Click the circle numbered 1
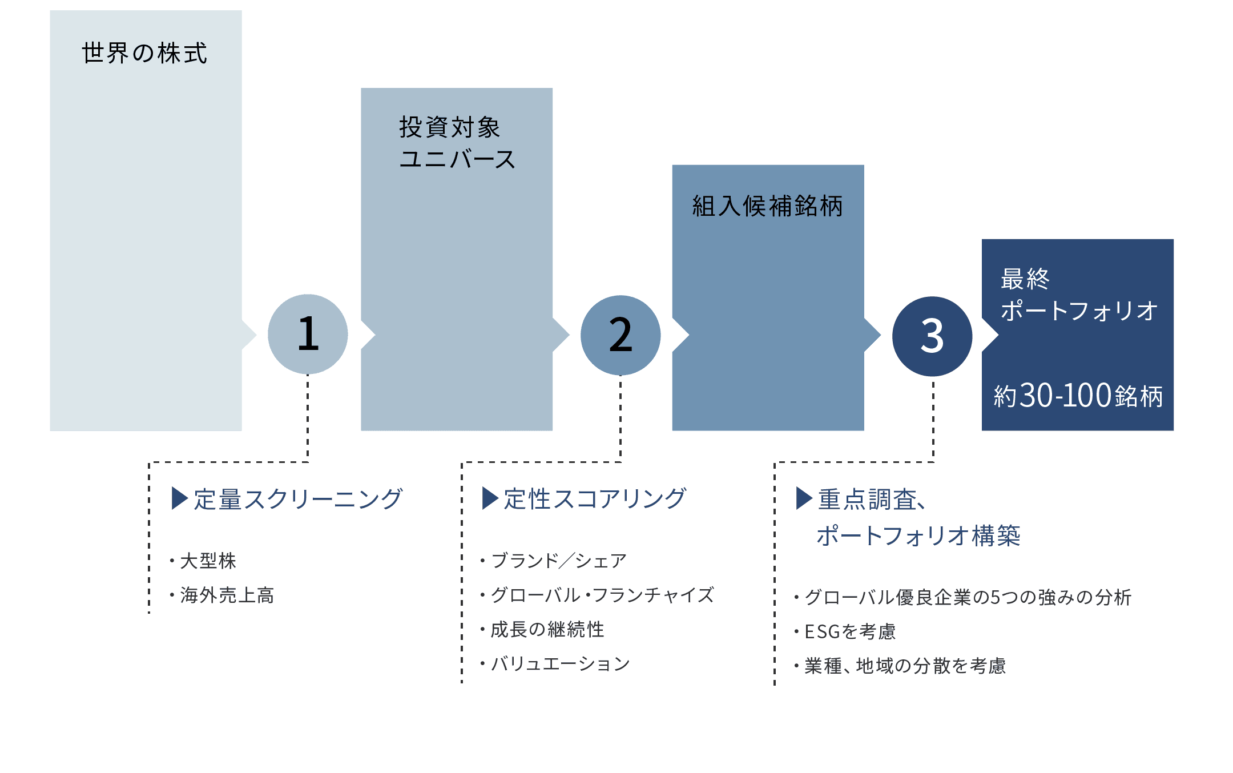308,334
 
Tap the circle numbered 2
620,335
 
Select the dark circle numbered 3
932,336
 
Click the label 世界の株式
144,54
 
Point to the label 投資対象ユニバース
457,143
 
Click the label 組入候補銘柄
767,206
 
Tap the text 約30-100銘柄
1078,396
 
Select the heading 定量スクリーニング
298,499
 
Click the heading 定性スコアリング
595,499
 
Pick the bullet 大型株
208,561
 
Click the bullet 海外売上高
227,595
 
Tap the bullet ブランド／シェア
558,561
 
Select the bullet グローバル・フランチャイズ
602,595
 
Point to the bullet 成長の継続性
547,630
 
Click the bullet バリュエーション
560,664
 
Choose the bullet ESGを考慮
849,632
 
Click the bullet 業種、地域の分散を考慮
905,666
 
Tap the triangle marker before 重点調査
804,498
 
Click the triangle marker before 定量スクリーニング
179,498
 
